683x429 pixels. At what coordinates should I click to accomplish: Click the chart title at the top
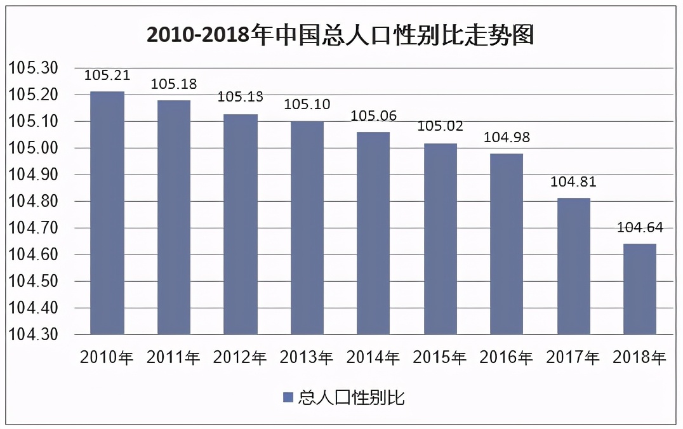pos(340,36)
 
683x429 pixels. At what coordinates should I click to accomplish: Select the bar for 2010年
pos(107,213)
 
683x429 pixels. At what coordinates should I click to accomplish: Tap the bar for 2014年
pos(373,233)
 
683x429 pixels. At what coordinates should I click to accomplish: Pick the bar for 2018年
pos(640,289)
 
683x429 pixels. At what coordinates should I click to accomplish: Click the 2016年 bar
pos(507,244)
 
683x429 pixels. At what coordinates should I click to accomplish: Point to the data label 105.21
pos(107,76)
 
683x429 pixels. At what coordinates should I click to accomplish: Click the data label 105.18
pos(173,84)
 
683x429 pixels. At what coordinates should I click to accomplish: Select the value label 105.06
pos(373,115)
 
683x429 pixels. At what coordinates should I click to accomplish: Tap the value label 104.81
pos(573,182)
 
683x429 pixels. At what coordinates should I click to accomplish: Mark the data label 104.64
pos(640,228)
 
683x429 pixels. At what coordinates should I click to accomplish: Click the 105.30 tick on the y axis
pos(32,69)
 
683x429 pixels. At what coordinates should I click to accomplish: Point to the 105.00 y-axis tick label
pos(32,148)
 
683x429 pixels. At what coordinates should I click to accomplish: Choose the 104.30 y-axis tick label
pos(32,334)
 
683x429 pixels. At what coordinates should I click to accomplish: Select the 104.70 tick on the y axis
pos(32,228)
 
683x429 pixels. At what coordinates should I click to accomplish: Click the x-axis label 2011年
pos(173,358)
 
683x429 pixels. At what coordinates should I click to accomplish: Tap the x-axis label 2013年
pos(307,358)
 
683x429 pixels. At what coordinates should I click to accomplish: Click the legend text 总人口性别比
pos(351,398)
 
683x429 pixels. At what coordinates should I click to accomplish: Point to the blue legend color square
pos(288,398)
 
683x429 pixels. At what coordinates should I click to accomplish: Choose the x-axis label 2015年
pos(440,358)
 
